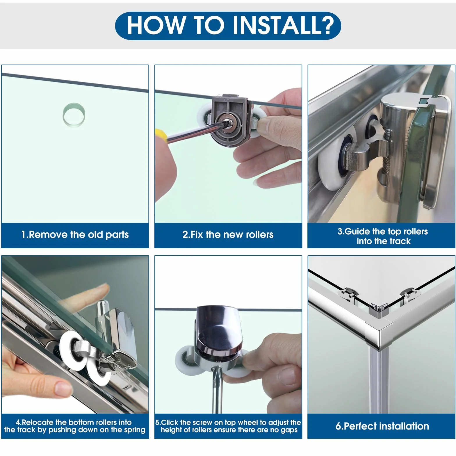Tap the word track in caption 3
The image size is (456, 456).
398,241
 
